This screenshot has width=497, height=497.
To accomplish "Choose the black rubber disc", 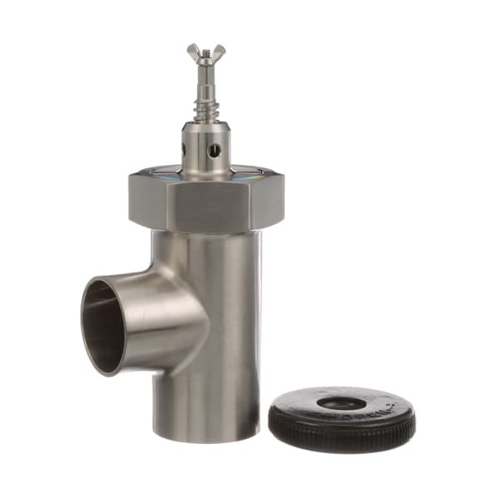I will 342,417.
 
